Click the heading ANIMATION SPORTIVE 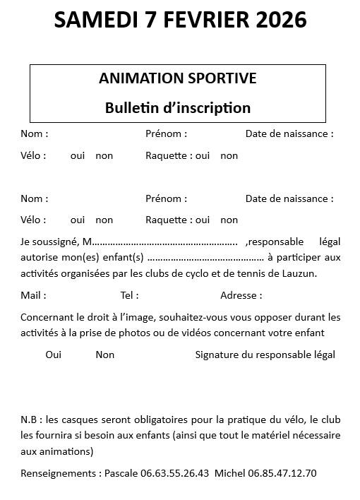177,78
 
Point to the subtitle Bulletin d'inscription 177,108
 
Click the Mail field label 32,295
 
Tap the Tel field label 129,295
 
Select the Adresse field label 241,295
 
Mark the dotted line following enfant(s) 205,258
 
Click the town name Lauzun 301,273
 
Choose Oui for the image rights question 54,355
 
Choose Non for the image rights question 104,355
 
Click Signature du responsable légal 265,355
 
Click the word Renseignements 59,473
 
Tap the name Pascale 121,473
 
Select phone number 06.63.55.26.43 174,473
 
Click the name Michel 229,473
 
